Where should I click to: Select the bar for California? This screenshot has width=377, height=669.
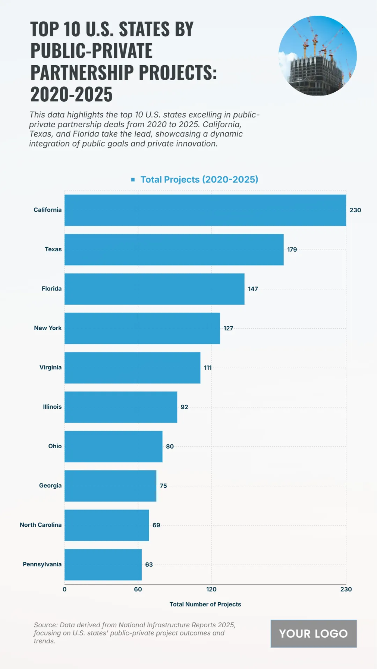205,210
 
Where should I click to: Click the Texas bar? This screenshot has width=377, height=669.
174,250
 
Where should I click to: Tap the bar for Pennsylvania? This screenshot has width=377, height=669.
103,565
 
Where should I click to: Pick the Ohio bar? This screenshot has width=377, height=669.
113,446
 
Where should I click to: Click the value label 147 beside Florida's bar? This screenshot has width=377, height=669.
253,289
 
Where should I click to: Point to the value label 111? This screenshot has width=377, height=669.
208,368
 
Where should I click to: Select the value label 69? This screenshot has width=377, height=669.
156,525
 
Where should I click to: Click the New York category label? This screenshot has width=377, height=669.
48,328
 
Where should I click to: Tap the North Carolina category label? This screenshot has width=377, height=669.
41,525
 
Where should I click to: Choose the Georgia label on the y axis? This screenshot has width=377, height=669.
50,486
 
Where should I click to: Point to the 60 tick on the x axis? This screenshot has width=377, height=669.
138,589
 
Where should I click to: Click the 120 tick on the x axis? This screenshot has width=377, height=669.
211,589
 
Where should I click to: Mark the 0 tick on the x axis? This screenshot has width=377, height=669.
64,589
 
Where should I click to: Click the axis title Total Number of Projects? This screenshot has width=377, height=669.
205,604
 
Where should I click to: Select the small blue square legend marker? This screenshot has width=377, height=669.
133,179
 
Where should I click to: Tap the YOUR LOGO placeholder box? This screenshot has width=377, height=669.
314,634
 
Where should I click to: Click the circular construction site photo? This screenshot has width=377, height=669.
317,56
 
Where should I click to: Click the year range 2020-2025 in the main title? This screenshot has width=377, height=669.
72,94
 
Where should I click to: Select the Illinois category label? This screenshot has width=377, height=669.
52,407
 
